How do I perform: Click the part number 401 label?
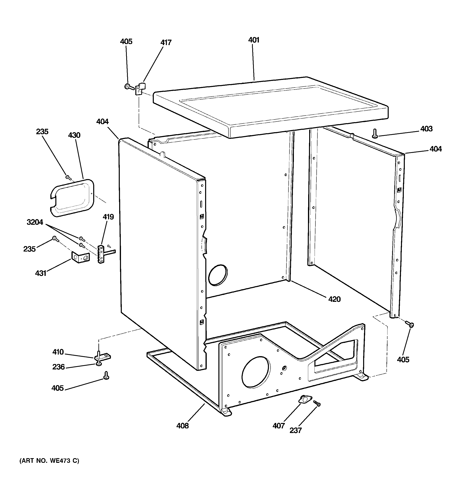(x=254, y=40)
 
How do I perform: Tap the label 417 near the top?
(x=166, y=43)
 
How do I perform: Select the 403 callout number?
(x=426, y=129)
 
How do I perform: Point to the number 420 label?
(x=334, y=299)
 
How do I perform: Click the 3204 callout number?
(x=35, y=222)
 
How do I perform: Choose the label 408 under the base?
(x=182, y=426)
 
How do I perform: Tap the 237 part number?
(x=295, y=430)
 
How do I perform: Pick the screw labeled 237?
(x=317, y=403)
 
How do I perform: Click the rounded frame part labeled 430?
(x=72, y=198)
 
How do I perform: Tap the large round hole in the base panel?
(x=256, y=372)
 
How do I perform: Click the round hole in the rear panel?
(x=218, y=275)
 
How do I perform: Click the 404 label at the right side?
(x=435, y=149)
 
